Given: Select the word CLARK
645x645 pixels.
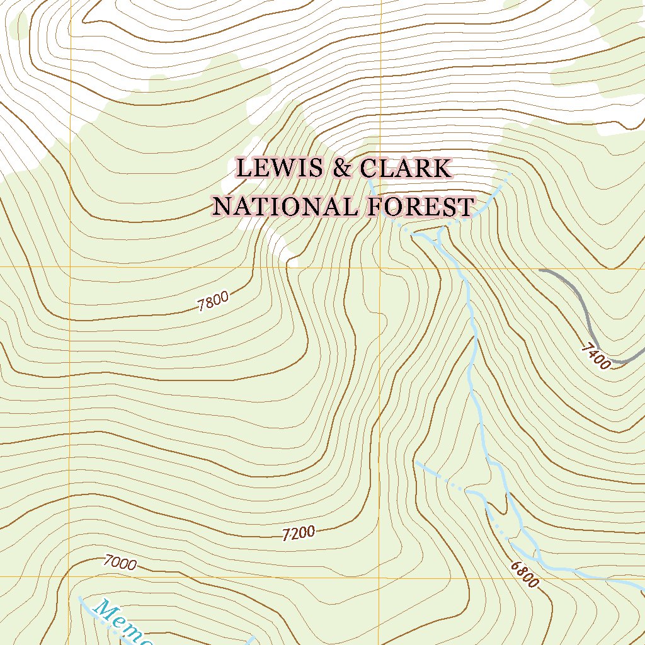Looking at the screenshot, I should click(x=406, y=169).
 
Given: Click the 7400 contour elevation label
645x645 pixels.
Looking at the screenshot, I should click(x=596, y=356).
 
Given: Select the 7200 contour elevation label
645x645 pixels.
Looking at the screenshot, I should click(x=299, y=534).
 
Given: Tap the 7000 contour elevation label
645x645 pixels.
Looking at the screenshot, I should click(x=120, y=562).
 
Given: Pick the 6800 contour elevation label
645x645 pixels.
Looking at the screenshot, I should click(x=525, y=574).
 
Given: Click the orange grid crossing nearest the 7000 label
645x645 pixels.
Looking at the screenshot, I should click(x=70, y=576).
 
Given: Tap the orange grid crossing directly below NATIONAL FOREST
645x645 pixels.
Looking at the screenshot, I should click(x=379, y=267).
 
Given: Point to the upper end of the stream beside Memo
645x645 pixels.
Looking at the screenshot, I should click(x=79, y=596).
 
